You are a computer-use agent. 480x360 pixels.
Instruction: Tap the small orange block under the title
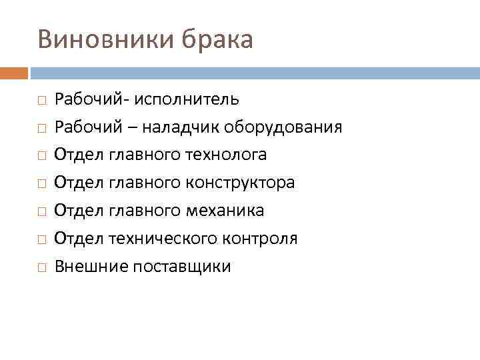click(x=14, y=72)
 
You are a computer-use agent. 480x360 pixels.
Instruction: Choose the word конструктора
click(x=243, y=183)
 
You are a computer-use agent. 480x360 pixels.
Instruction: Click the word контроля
click(x=265, y=239)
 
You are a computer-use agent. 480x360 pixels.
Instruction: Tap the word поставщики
click(x=182, y=267)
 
